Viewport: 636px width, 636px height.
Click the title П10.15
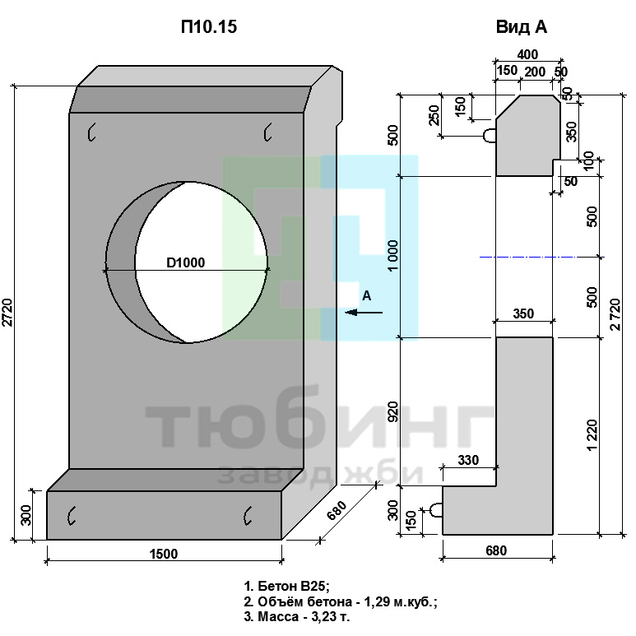(209, 27)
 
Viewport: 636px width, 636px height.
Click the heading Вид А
(522, 27)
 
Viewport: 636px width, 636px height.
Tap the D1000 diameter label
(186, 262)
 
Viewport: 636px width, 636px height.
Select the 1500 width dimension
(164, 554)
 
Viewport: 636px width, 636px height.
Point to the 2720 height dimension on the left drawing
(7, 313)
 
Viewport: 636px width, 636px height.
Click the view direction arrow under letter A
(364, 313)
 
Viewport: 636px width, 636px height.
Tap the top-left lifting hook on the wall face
(91, 132)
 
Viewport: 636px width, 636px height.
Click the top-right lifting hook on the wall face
(267, 132)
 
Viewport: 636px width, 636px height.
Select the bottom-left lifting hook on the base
(72, 516)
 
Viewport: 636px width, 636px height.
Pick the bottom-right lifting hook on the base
(248, 516)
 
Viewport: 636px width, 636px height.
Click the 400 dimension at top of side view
(527, 54)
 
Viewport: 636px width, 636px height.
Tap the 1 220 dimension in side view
(592, 435)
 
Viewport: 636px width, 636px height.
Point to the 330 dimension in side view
(468, 460)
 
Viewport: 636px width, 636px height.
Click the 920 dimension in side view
(393, 411)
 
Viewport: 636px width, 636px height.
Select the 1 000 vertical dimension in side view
(393, 256)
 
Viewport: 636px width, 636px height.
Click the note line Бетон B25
(287, 586)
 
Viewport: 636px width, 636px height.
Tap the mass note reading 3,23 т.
(297, 616)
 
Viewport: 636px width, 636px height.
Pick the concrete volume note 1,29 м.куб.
(341, 601)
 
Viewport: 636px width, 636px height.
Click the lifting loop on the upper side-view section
(490, 136)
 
